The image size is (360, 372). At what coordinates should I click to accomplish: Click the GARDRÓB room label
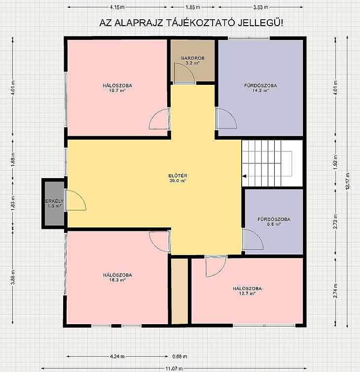pyautogui.click(x=192, y=61)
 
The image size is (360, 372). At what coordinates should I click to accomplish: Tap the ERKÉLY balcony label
pyautogui.click(x=54, y=204)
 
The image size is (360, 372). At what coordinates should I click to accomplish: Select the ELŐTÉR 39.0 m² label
pyautogui.click(x=178, y=178)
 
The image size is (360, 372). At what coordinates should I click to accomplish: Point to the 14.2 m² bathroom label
pyautogui.click(x=260, y=88)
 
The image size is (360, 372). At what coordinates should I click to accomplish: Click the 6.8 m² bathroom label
pyautogui.click(x=274, y=222)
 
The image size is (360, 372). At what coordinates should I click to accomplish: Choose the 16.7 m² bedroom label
pyautogui.click(x=117, y=88)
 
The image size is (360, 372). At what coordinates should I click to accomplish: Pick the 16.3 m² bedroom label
pyautogui.click(x=117, y=277)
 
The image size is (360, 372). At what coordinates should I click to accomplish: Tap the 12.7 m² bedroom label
pyautogui.click(x=247, y=291)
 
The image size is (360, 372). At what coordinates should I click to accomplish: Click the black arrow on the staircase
pyautogui.click(x=244, y=176)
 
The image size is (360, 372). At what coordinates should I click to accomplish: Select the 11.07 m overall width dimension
pyautogui.click(x=174, y=369)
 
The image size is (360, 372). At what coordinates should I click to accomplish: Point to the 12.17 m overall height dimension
pyautogui.click(x=348, y=181)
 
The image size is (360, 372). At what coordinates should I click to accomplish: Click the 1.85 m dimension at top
pyautogui.click(x=192, y=7)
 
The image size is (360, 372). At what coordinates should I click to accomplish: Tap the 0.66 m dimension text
pyautogui.click(x=180, y=356)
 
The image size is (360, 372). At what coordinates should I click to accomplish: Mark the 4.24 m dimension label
pyautogui.click(x=117, y=356)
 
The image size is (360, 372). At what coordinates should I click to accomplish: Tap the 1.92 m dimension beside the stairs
pyautogui.click(x=335, y=162)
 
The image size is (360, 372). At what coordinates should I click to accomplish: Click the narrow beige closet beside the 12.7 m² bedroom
pyautogui.click(x=180, y=292)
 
